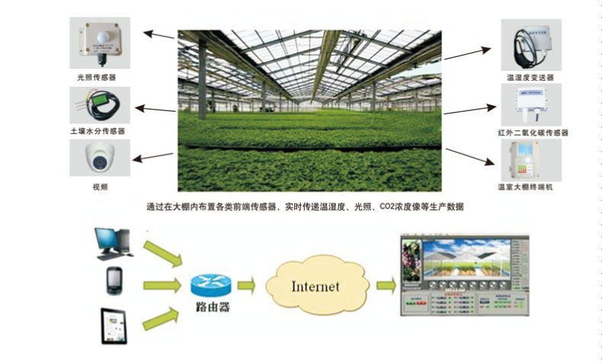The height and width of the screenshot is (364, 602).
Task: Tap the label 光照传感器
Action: tap(97, 77)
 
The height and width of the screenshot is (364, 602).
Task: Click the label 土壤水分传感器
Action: tap(97, 131)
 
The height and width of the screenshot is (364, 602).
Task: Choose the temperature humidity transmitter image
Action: tap(530, 44)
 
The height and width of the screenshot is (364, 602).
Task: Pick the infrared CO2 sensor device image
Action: tap(530, 104)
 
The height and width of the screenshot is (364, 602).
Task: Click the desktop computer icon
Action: tap(111, 243)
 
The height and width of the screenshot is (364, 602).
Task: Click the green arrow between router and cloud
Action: tap(246, 286)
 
